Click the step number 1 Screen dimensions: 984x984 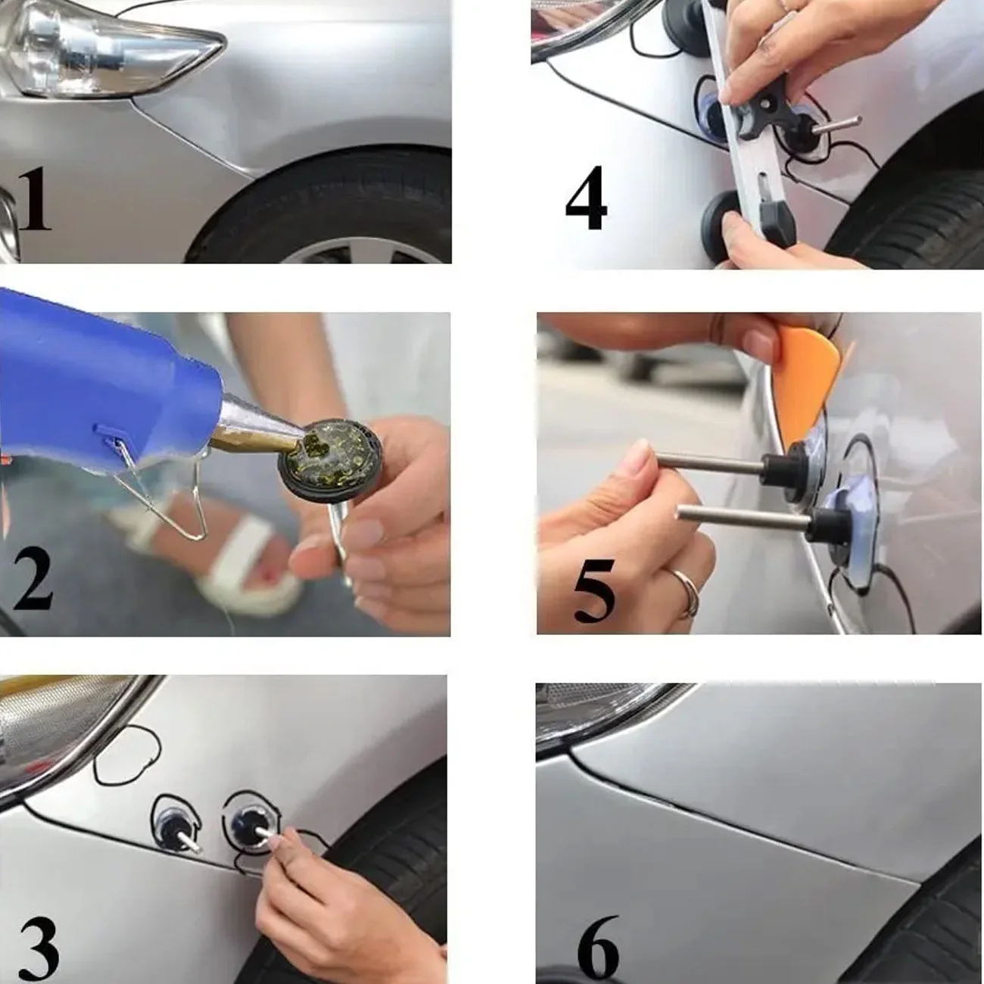[35, 199]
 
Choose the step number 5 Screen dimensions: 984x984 [594, 590]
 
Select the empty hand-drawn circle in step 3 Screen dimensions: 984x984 [127, 755]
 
